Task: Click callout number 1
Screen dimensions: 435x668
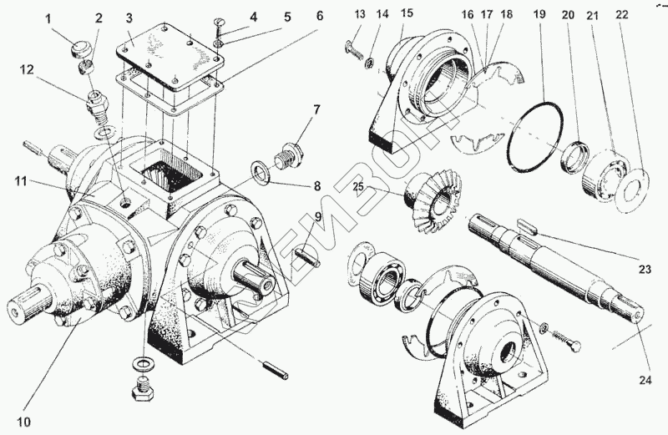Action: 48,18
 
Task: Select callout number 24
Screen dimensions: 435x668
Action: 644,382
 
